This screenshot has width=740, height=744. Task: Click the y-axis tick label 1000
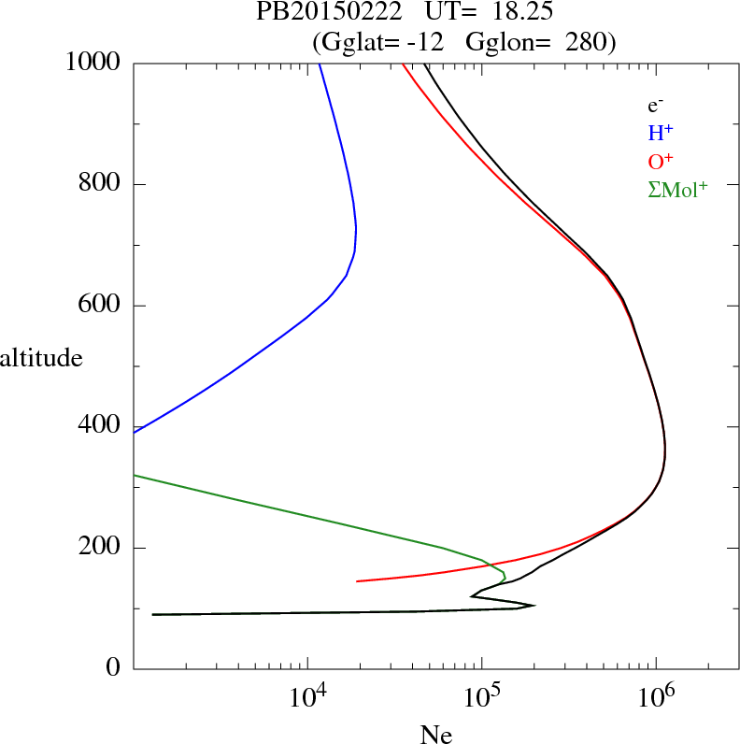point(93,63)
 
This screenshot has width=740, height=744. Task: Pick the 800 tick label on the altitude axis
point(102,184)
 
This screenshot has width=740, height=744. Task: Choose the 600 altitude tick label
point(102,306)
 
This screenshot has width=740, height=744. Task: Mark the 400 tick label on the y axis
point(102,426)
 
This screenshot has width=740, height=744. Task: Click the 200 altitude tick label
point(102,548)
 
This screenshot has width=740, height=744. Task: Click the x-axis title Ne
point(435,734)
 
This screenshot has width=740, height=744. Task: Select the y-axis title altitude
point(41,357)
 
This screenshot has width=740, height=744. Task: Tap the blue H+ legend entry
point(660,133)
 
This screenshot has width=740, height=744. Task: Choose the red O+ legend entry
point(660,161)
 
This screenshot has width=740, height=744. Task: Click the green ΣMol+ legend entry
point(677,189)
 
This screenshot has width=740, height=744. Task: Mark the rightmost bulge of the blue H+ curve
point(356,228)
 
